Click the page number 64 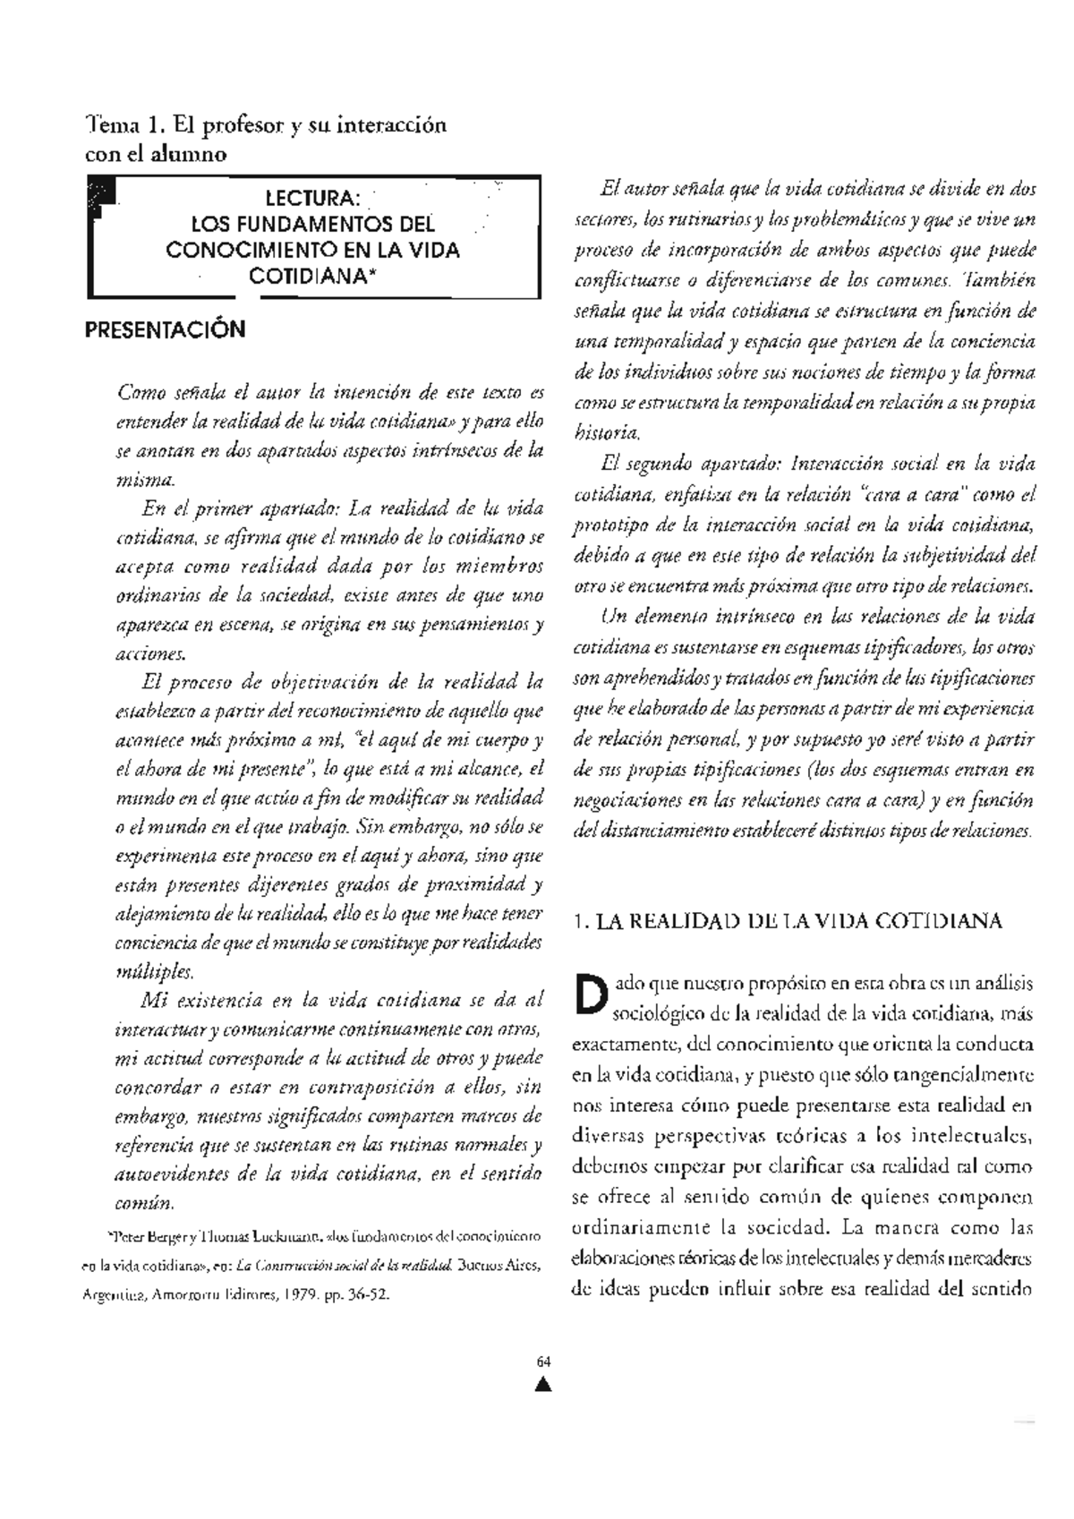[542, 1361]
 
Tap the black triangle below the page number [542, 1387]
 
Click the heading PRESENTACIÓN [165, 330]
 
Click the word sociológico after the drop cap [657, 1014]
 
